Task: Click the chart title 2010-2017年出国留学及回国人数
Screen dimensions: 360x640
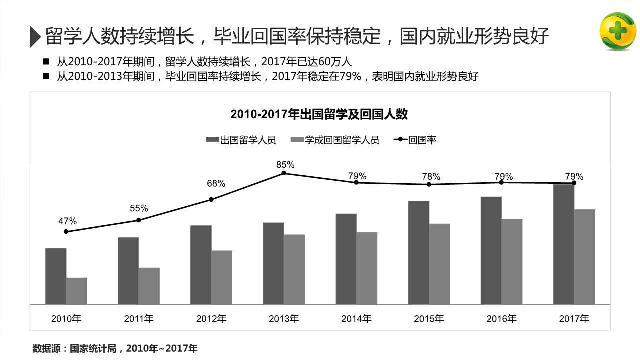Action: click(319, 114)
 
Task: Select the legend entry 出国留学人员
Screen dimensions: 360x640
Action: click(241, 140)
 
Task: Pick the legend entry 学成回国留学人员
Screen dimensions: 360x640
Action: click(335, 140)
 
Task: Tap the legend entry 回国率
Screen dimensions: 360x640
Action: click(415, 140)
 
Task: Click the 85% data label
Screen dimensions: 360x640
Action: click(285, 164)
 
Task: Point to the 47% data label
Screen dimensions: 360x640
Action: click(68, 221)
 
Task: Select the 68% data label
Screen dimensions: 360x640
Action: click(216, 184)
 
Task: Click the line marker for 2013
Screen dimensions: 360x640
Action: click(284, 173)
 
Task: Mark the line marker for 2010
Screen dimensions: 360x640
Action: click(66, 231)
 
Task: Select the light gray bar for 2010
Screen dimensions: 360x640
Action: click(77, 291)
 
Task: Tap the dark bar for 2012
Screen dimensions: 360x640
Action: click(201, 265)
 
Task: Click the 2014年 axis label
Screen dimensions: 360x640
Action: click(356, 318)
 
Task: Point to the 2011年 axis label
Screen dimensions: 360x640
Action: click(139, 318)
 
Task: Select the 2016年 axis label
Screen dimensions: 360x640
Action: click(501, 318)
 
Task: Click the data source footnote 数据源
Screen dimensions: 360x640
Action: click(115, 348)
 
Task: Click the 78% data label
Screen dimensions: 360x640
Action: click(431, 176)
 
